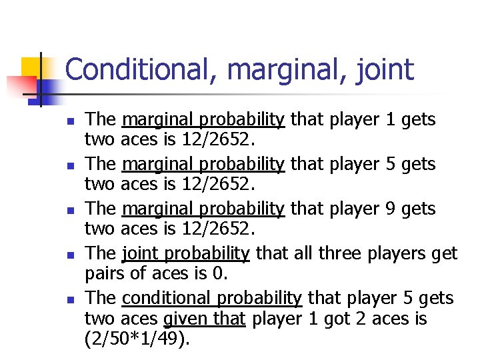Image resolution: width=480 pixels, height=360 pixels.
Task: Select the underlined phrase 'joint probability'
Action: point(186,253)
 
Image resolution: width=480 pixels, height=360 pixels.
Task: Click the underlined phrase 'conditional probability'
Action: point(212,298)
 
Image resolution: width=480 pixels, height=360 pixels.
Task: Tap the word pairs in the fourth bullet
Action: point(105,274)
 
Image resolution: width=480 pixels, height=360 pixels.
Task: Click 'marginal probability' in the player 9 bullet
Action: point(203,209)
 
